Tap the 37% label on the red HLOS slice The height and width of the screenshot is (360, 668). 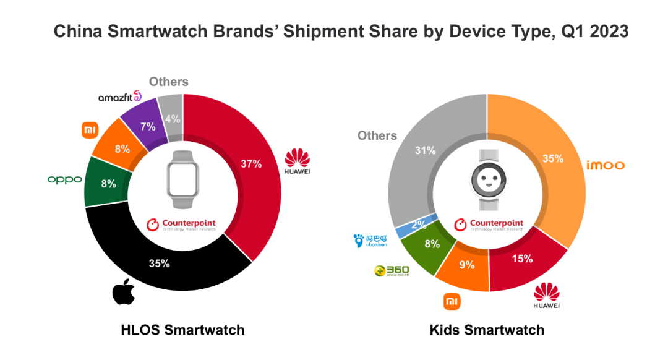point(250,164)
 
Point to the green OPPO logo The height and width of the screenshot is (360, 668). point(64,179)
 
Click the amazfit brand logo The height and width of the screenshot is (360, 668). point(120,98)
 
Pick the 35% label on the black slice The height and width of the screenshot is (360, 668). point(159,263)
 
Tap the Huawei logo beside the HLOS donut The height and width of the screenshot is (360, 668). point(297,162)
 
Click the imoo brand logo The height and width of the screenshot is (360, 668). point(606,165)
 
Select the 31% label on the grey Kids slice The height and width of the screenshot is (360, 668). point(426,150)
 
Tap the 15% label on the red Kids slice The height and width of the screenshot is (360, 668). point(523,259)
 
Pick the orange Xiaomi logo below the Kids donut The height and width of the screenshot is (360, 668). point(452,301)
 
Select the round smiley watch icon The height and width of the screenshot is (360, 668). point(487,180)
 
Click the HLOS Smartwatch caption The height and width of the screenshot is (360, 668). point(182,330)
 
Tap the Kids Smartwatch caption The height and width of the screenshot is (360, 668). point(487,330)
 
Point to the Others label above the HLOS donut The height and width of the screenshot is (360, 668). point(169,82)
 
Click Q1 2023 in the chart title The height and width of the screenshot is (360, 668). point(595,32)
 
